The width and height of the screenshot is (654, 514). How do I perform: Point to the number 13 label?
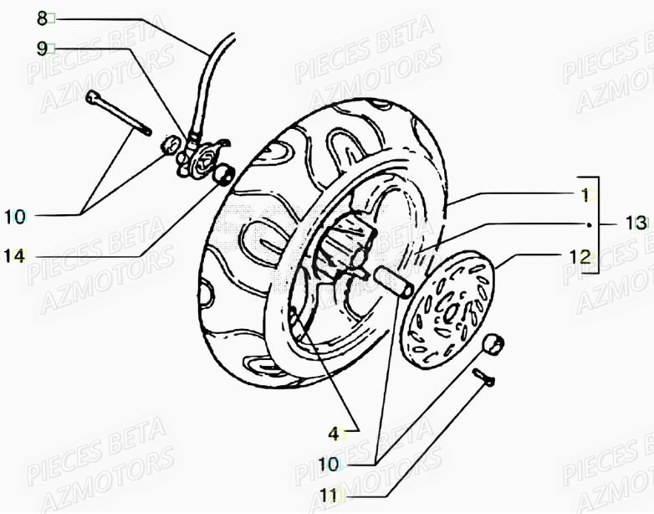tap(635, 224)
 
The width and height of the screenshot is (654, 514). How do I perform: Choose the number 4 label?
tap(335, 434)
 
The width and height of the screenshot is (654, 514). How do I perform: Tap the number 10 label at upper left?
tap(16, 218)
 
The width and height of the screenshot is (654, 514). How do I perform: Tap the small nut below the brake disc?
tap(493, 342)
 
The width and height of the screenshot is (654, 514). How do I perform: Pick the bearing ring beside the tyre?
tap(225, 176)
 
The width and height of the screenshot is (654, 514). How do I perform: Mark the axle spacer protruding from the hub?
tap(396, 279)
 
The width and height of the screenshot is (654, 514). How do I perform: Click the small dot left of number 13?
tap(590, 224)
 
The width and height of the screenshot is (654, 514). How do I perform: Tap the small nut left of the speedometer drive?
tap(171, 144)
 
